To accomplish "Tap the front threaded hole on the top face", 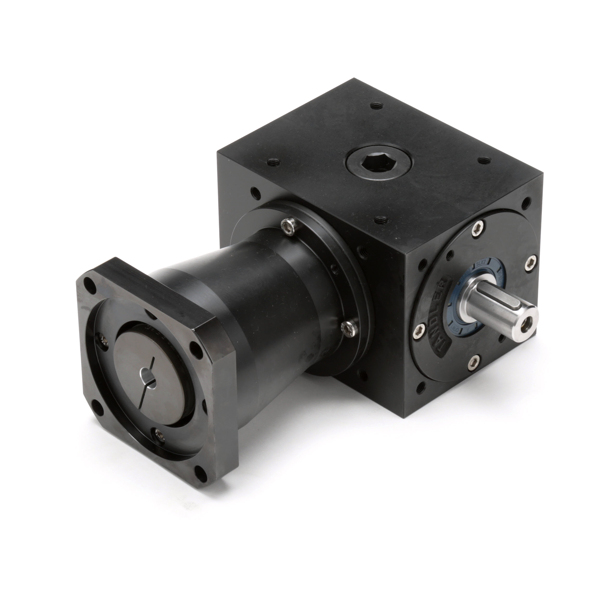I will pos(380,220).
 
